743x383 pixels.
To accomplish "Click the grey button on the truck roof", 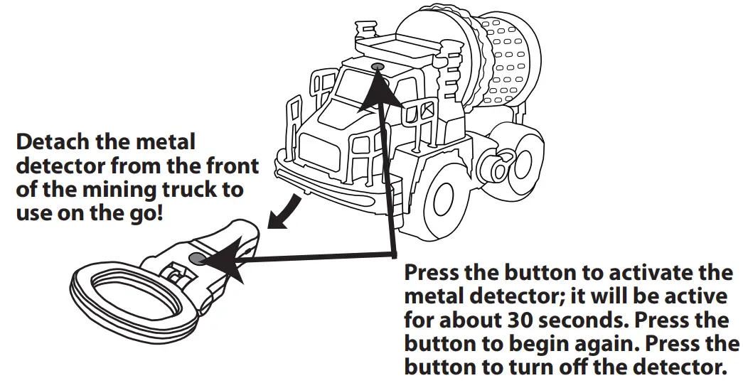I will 376,66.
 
